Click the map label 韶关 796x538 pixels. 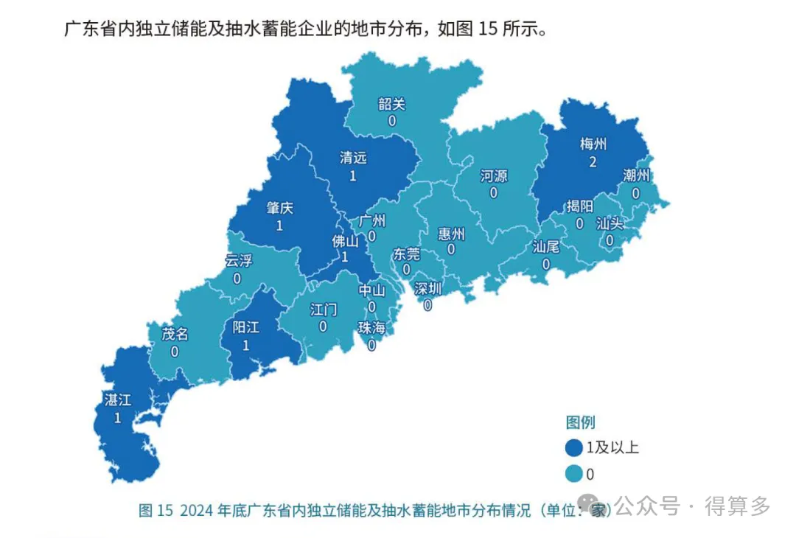[x=392, y=104]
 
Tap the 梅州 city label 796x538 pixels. [x=593, y=144]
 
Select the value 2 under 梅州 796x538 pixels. [x=593, y=162]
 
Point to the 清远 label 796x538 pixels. [x=353, y=158]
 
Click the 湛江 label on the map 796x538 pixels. [x=118, y=400]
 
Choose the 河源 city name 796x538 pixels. [x=493, y=176]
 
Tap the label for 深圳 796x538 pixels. [x=427, y=288]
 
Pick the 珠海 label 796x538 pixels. [x=371, y=327]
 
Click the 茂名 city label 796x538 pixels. [x=175, y=334]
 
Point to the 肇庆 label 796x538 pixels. [x=279, y=209]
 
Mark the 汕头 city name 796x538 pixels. [x=610, y=223]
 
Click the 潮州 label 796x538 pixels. [x=636, y=175]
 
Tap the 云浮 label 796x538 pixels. [x=238, y=261]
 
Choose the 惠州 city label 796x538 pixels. [x=451, y=234]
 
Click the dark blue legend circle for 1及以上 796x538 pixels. [x=573, y=447]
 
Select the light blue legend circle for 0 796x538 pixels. [x=573, y=474]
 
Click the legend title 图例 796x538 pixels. [x=580, y=422]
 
